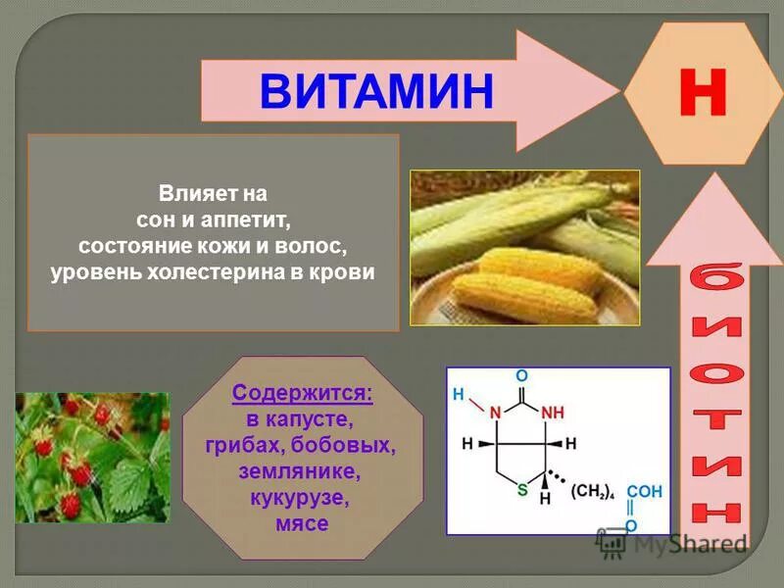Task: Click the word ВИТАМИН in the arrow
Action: [376, 90]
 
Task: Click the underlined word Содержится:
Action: [302, 395]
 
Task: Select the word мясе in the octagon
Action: [302, 523]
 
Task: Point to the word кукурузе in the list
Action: [302, 498]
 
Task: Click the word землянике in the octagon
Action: [302, 471]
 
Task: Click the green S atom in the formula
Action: [522, 487]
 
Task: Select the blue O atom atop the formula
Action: [522, 376]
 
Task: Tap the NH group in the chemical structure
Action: [553, 411]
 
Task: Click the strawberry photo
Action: [91, 456]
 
